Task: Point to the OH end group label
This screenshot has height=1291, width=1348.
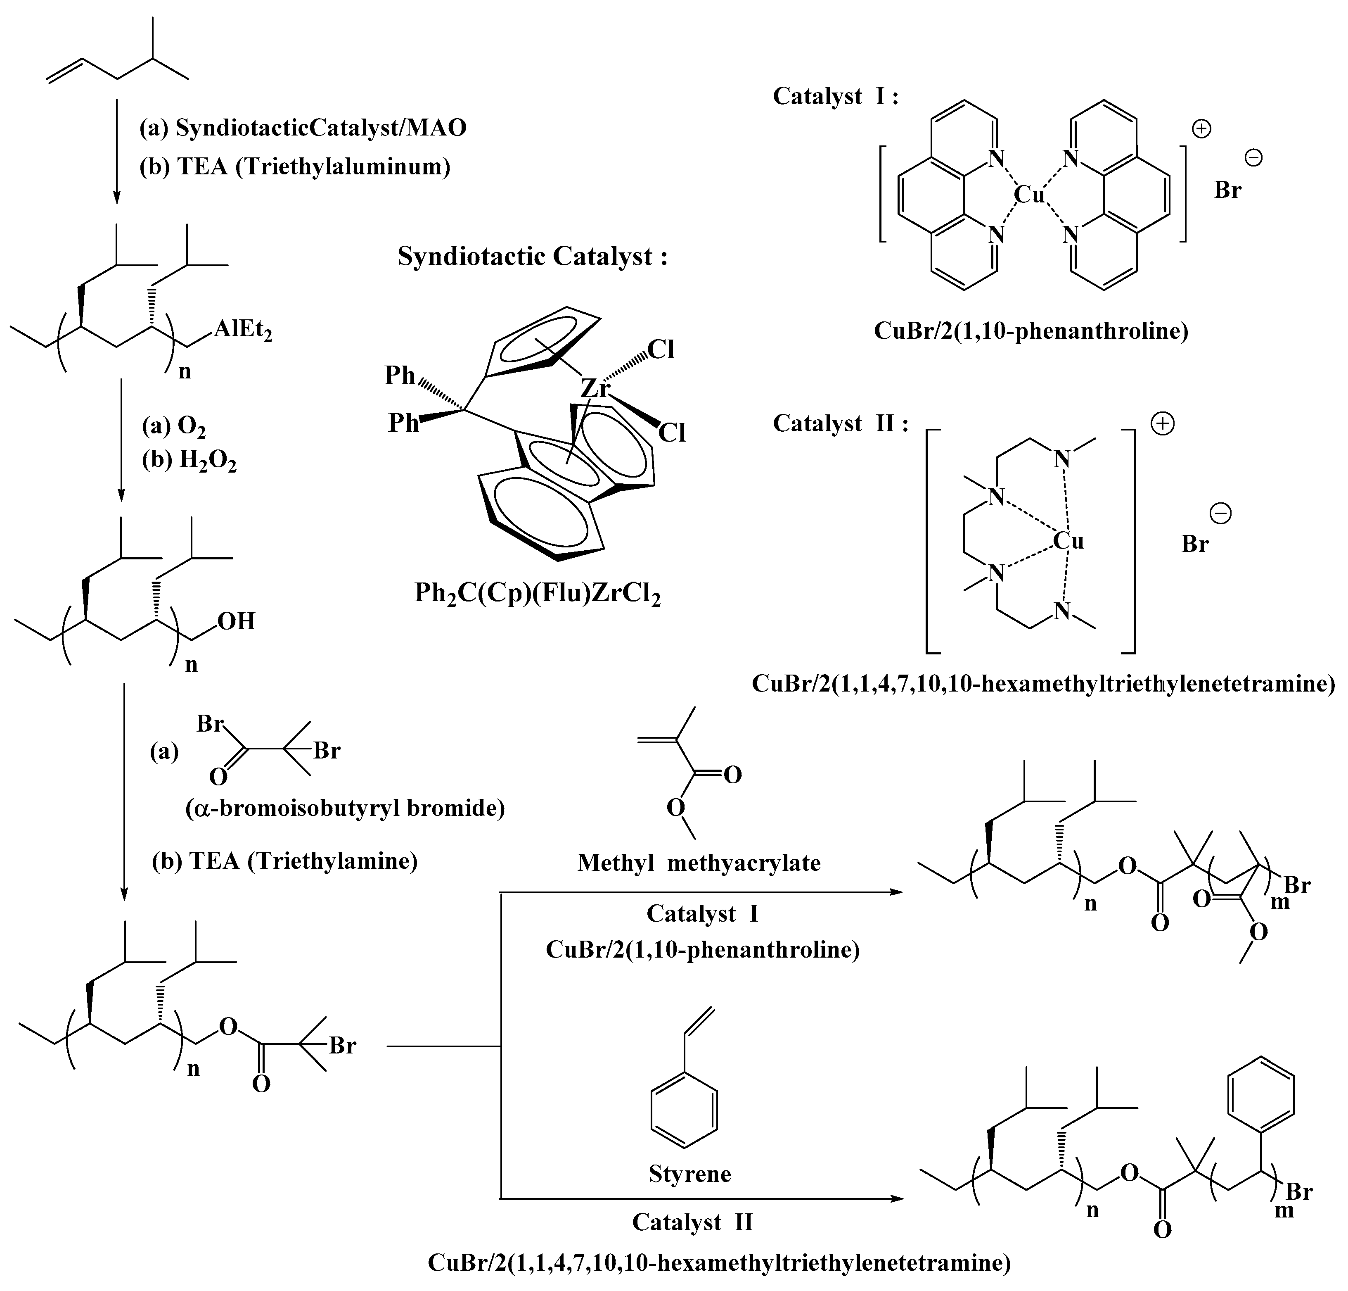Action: point(237,621)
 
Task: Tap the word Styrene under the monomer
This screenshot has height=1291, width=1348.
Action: point(690,1173)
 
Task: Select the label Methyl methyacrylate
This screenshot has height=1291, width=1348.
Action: point(699,862)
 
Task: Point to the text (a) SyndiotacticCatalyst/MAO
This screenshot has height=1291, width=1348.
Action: point(303,128)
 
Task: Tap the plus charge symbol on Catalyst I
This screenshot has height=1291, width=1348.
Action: point(1201,129)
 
